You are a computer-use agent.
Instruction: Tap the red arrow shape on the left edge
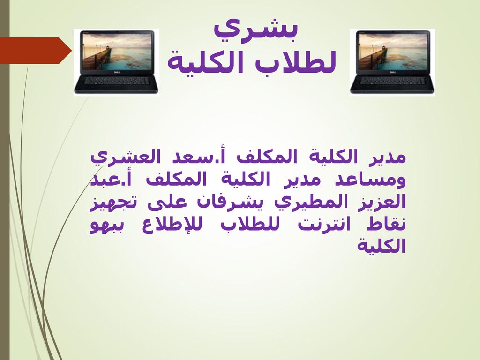(x=36, y=51)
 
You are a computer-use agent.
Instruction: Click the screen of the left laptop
(x=116, y=53)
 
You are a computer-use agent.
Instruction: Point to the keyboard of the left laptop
(x=117, y=82)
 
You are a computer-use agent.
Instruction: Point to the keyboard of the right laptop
(x=392, y=82)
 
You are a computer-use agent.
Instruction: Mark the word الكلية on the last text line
(x=382, y=246)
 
